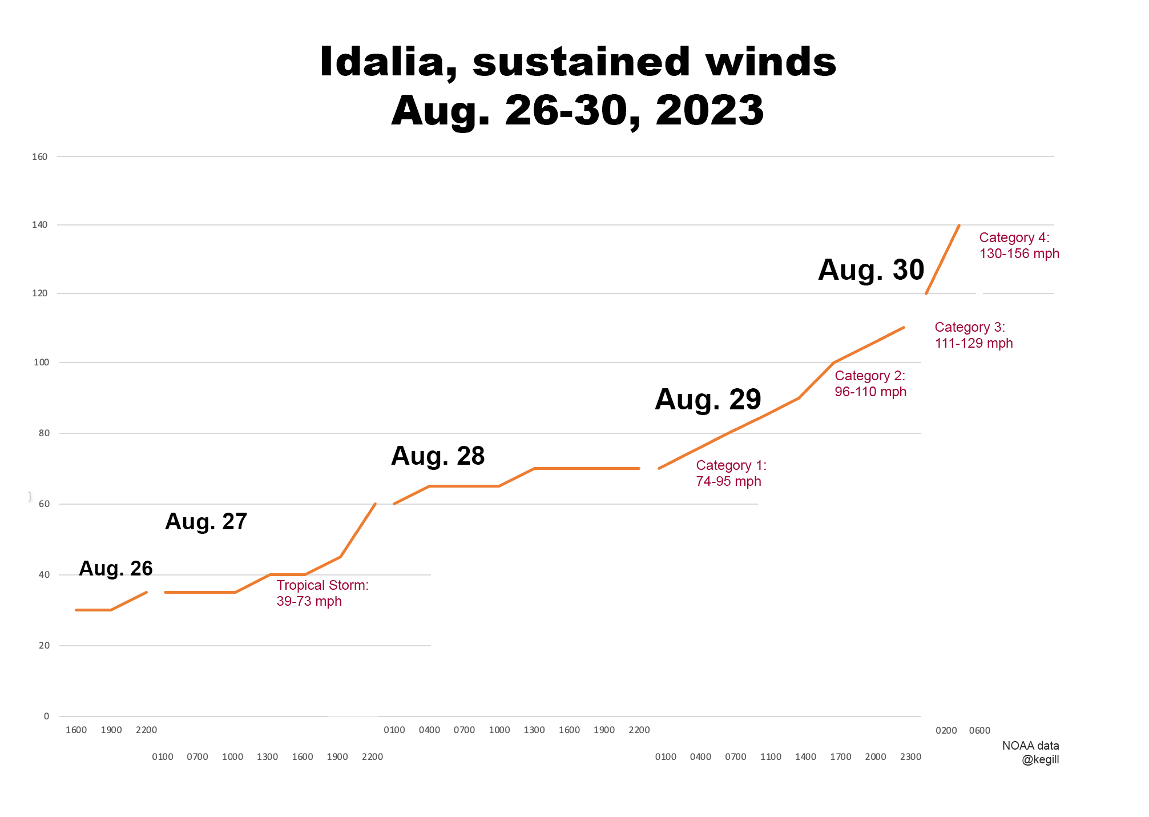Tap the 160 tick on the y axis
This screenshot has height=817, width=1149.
(40, 156)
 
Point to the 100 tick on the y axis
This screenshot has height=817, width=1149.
(41, 362)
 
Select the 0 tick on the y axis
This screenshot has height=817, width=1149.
(47, 716)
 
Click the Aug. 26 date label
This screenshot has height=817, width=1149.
(116, 568)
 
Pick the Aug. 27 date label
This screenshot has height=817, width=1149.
(206, 521)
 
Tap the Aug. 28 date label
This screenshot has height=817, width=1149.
(438, 456)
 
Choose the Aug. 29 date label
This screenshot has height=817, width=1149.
(708, 399)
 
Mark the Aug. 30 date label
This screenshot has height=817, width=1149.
(871, 269)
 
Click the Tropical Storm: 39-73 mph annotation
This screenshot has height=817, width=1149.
(322, 593)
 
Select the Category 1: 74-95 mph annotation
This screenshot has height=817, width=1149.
(731, 473)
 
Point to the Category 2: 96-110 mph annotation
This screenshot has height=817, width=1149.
(870, 384)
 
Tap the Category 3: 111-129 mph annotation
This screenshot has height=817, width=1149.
(973, 335)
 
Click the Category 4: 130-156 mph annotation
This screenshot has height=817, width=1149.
(1019, 245)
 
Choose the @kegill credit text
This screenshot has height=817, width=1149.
(1040, 760)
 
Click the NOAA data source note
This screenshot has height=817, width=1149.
(1030, 746)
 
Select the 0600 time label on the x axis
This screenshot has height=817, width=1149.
(979, 730)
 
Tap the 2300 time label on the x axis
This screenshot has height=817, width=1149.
(910, 756)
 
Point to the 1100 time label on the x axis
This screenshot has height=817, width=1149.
(771, 756)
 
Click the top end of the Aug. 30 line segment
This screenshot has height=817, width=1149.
(959, 226)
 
